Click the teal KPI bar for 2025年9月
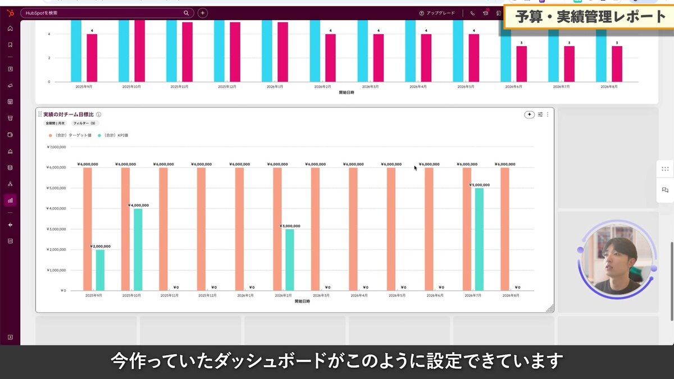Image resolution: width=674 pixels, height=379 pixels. coord(100,270)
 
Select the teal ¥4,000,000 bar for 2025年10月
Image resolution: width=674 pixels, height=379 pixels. coord(138,249)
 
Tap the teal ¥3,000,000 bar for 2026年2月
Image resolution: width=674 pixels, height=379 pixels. coord(290,259)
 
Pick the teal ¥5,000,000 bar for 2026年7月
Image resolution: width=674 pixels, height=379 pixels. coord(479,239)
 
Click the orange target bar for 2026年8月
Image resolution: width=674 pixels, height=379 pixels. coord(505,229)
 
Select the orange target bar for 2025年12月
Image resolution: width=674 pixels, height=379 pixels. coord(201,229)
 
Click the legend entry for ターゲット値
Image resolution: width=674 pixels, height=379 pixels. coord(70,135)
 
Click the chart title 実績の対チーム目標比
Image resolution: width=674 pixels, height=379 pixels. coord(68,115)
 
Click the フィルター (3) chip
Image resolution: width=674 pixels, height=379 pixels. coord(85,123)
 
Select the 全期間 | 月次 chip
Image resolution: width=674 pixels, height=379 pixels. coord(55,123)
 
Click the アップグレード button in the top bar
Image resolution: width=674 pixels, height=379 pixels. coord(437,13)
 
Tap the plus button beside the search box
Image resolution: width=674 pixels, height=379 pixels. coord(203,13)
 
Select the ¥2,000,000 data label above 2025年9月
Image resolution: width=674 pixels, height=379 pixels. coord(101,246)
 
